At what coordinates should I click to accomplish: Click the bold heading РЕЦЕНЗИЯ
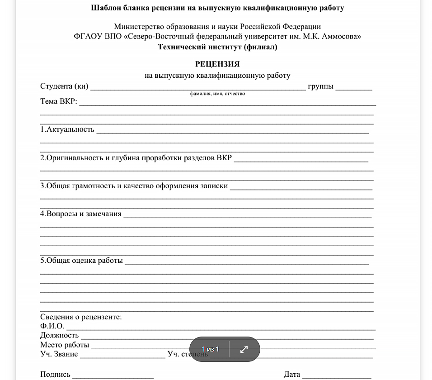click(x=217, y=64)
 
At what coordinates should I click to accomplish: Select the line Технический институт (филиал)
click(x=217, y=47)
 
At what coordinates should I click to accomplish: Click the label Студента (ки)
click(x=64, y=86)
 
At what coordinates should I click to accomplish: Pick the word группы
click(x=321, y=86)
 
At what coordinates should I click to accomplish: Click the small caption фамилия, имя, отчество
click(x=217, y=94)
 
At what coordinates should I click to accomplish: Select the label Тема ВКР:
click(x=59, y=101)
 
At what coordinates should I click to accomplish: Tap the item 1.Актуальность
click(x=67, y=129)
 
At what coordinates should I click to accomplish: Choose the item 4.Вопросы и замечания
click(x=81, y=214)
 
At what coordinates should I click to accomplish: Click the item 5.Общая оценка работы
click(x=81, y=261)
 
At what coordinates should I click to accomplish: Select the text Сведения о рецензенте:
click(x=81, y=317)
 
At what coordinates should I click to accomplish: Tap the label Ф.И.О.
click(x=52, y=326)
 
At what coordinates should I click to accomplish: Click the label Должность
click(x=59, y=335)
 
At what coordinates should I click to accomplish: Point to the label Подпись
click(x=55, y=374)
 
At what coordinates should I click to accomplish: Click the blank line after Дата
click(x=337, y=375)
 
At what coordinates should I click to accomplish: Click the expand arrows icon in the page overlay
click(x=244, y=349)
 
